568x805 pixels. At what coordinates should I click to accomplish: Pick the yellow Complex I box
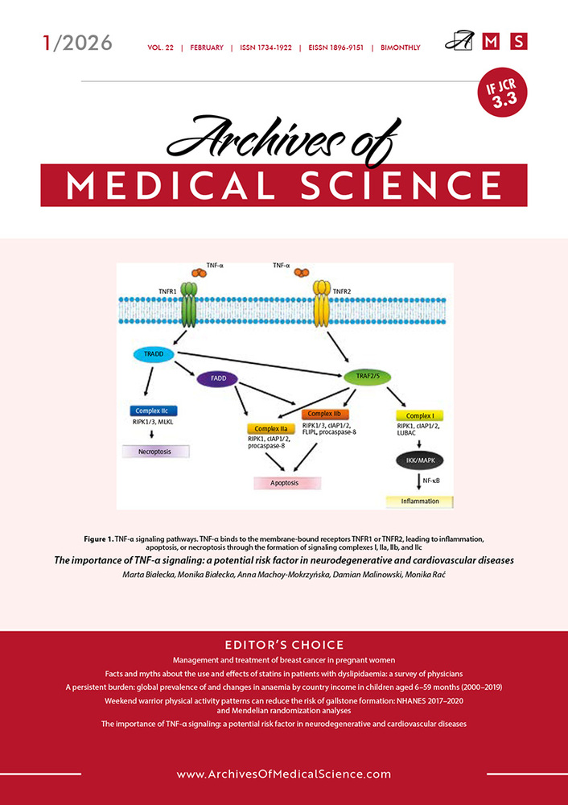click(419, 415)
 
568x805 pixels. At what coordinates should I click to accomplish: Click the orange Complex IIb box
click(326, 414)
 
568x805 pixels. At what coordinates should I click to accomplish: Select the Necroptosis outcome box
click(156, 452)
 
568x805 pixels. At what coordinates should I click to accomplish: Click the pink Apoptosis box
click(287, 483)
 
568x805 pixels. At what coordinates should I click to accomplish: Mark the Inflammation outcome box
click(419, 502)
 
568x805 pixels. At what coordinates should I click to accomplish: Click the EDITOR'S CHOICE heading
click(284, 644)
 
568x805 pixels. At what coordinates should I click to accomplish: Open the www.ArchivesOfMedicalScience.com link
click(284, 774)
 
